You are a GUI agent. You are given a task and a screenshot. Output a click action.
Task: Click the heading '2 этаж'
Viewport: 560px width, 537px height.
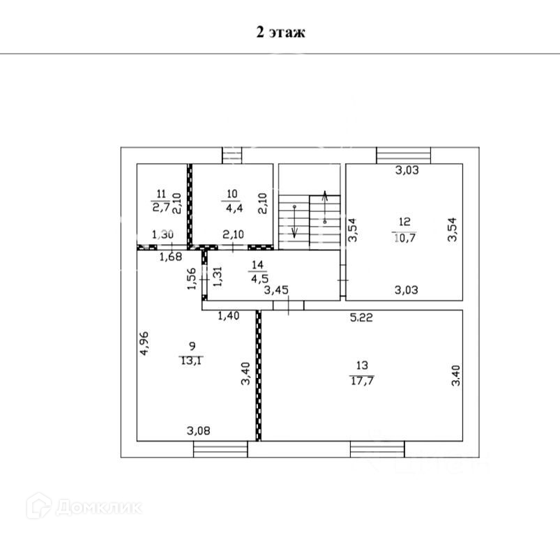(280, 33)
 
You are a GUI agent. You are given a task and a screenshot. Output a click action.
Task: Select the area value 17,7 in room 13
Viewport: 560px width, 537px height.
(362, 379)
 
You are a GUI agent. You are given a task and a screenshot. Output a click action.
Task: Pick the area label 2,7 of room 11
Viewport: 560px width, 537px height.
(161, 206)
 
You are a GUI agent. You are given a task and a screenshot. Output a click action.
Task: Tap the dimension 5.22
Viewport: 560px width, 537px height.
(361, 317)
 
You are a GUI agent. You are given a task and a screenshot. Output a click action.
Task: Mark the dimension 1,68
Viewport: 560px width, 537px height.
(171, 257)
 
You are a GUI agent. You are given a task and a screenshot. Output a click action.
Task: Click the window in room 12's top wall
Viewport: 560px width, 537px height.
(404, 155)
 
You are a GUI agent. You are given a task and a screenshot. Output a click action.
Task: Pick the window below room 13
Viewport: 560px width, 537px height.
(377, 450)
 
